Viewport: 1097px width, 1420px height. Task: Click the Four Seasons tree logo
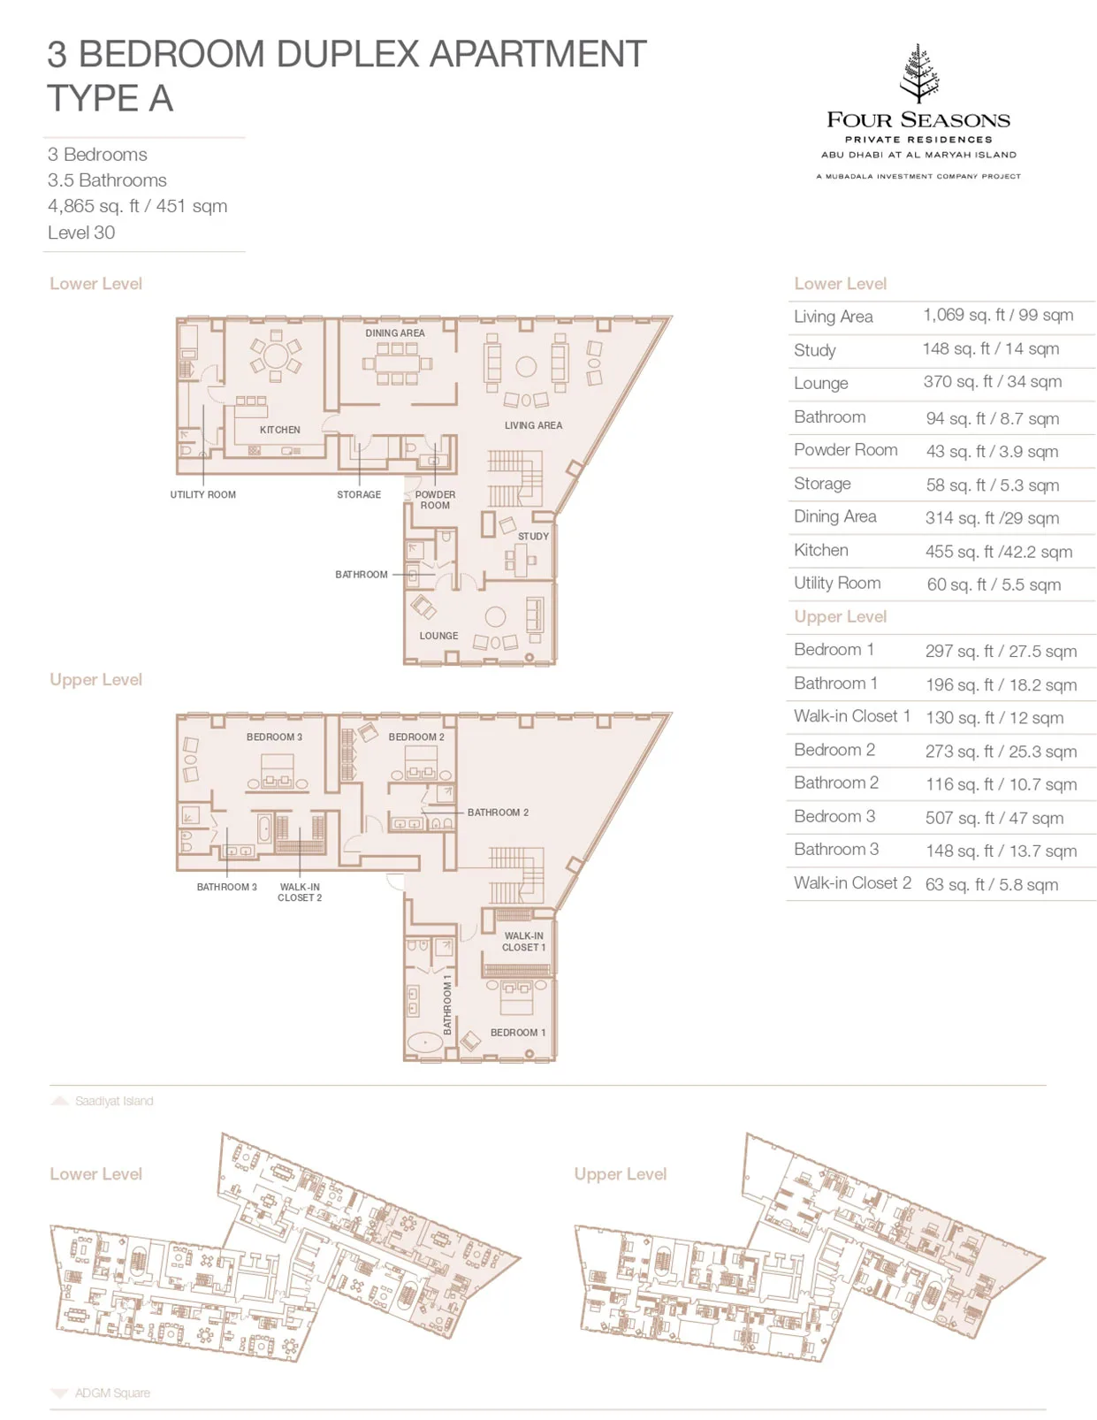pos(919,73)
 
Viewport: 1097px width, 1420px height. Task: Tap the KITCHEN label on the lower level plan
pos(279,430)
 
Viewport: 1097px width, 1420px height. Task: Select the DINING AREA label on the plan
pos(394,333)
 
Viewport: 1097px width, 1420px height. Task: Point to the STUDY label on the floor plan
pos(533,537)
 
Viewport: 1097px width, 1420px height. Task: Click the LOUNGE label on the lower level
pos(438,636)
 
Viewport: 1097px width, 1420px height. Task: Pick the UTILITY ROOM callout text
pos(203,494)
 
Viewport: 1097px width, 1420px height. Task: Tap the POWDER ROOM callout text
pos(435,500)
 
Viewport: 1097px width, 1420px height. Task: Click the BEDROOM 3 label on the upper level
pos(274,737)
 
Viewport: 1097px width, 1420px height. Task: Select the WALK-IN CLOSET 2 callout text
pos(300,893)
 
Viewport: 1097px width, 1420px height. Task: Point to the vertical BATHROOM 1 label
pos(447,1005)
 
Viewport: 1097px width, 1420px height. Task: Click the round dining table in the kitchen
pos(276,357)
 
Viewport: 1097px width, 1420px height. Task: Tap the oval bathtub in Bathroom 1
pos(425,1042)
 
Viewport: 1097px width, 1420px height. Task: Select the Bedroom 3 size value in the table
pos(994,818)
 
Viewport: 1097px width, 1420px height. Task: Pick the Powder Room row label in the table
pos(845,449)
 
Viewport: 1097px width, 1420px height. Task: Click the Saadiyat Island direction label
pos(114,1101)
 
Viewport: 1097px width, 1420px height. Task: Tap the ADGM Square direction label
pos(112,1393)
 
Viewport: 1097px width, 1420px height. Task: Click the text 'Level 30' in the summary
pos(81,233)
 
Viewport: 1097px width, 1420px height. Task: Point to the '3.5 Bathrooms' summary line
pos(107,180)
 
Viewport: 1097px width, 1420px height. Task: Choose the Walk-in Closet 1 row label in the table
pos(852,716)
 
